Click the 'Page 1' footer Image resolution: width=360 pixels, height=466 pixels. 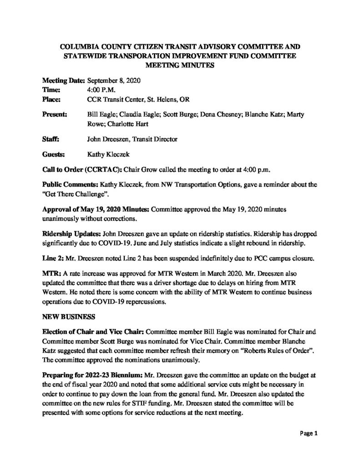308,434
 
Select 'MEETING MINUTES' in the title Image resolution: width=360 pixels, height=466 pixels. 180,65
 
